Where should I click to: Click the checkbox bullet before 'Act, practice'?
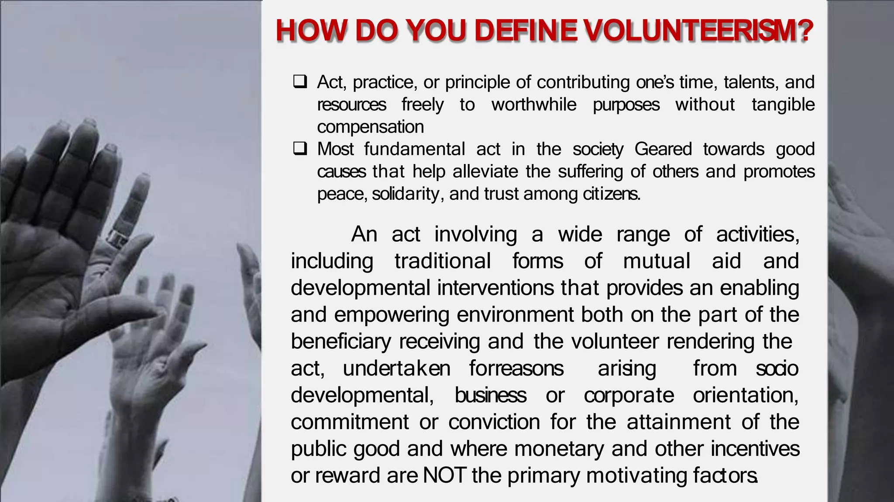[300, 82]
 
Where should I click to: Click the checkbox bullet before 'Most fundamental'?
[300, 149]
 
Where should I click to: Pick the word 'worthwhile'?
[533, 105]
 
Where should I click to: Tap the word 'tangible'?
[783, 105]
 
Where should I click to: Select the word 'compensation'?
[370, 127]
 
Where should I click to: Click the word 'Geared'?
[663, 149]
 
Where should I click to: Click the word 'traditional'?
[443, 261]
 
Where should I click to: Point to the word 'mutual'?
[657, 261]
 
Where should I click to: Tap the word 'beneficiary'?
[341, 342]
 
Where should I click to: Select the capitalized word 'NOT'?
[444, 475]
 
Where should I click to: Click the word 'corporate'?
[629, 396]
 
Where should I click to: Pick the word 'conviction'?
[494, 422]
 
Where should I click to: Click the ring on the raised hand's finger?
[117, 238]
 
